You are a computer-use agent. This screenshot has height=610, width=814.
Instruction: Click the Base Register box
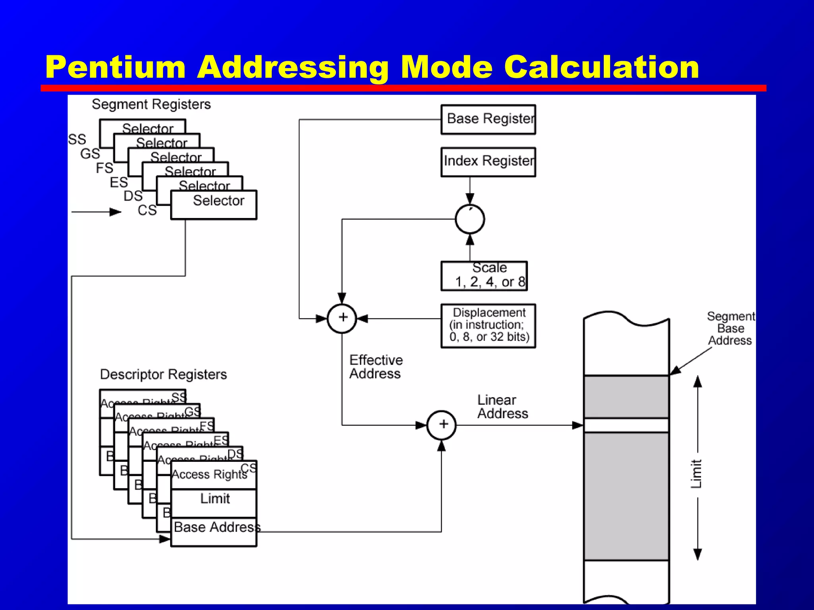coord(488,119)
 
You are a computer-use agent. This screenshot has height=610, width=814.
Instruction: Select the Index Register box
coord(488,162)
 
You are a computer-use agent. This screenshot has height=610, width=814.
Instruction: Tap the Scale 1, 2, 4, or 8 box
coord(484,276)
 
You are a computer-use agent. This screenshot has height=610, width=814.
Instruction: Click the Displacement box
coord(488,326)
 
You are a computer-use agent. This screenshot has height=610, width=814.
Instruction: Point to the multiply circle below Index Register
coord(470,219)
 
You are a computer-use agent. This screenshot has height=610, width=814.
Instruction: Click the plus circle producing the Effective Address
coord(342,318)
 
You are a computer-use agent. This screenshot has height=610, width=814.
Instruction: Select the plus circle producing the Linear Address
coord(442,425)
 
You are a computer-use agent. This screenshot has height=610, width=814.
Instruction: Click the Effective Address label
coord(376,367)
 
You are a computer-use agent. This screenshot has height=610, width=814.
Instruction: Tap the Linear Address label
coord(502,407)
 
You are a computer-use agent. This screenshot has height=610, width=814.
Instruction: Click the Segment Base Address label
coord(731,328)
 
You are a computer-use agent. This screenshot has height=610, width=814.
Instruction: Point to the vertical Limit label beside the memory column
coord(696,473)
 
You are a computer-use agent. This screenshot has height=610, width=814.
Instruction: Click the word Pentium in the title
coord(115,67)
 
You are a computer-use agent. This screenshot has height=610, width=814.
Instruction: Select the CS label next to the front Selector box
coord(147,210)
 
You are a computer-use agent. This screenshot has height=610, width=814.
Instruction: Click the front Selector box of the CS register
coord(214,205)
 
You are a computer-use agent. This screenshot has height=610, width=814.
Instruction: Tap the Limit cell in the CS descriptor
coord(214,499)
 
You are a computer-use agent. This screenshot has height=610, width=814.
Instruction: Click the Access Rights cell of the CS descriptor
coord(209,475)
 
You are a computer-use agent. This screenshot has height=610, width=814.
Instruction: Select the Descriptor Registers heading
coord(163,374)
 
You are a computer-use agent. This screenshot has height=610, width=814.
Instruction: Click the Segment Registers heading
coord(151,104)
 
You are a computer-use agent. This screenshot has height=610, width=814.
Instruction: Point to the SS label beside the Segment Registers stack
coord(77,139)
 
